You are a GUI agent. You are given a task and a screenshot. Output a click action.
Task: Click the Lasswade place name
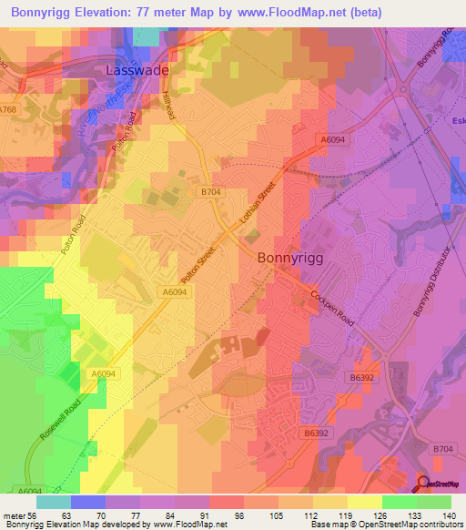[137, 68]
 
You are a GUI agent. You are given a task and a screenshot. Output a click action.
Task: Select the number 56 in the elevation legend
[32, 515]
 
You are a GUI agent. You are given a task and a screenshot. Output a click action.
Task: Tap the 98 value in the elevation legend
[238, 515]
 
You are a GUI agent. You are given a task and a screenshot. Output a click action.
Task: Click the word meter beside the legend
[13, 515]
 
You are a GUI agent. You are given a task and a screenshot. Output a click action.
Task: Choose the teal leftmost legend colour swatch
[54, 501]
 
